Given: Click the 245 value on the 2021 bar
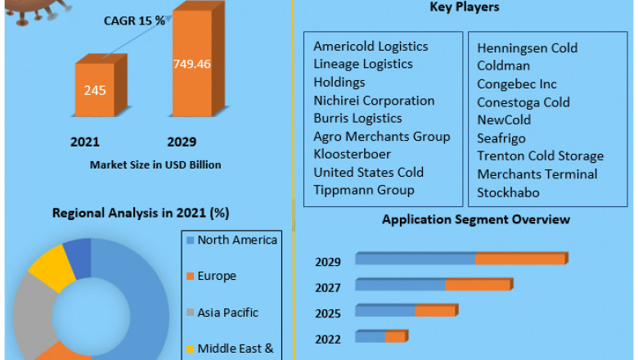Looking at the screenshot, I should point(94,90).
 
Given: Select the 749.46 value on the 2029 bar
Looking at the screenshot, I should point(191,63).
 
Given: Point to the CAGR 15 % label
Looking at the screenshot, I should point(134,20).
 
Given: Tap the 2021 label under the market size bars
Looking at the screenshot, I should point(85,142).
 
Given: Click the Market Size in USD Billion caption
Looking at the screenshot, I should point(155,164).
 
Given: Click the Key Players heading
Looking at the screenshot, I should point(464,7).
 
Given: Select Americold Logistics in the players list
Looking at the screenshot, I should point(371,47).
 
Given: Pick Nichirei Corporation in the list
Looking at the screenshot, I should point(374,101).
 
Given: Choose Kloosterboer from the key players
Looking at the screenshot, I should point(353,154).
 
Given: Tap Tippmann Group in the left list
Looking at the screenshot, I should point(363,190).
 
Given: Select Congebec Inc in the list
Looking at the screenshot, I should point(517,84).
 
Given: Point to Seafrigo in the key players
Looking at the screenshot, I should point(501,138).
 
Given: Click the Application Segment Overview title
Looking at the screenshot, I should point(476,219).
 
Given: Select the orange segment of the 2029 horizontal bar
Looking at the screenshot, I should point(520,259).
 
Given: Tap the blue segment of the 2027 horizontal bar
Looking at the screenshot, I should point(400,285).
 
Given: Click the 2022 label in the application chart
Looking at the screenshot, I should point(329,339).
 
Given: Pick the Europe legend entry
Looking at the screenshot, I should point(216,276).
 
